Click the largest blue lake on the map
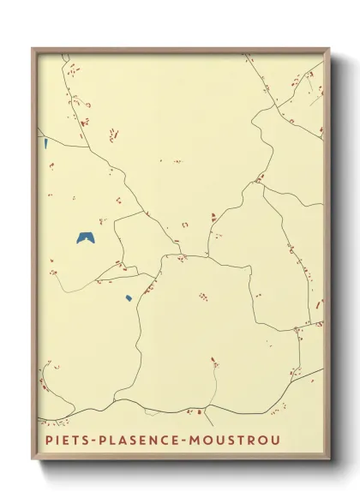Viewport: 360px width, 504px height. [86, 237]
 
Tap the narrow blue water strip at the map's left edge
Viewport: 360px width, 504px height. [45, 143]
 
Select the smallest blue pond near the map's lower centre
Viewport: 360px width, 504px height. [129, 298]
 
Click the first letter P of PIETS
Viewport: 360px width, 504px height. [43, 441]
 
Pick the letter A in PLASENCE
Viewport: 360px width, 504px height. [125, 441]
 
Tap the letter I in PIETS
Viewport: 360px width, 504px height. [53, 441]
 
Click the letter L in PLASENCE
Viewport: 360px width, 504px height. [113, 441]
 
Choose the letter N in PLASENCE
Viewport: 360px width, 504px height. [163, 441]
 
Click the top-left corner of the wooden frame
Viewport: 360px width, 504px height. [32, 48]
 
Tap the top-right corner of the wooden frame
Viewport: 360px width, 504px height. [330, 49]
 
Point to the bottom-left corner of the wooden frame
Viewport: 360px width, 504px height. [32, 460]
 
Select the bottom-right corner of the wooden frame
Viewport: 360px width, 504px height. [330, 460]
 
